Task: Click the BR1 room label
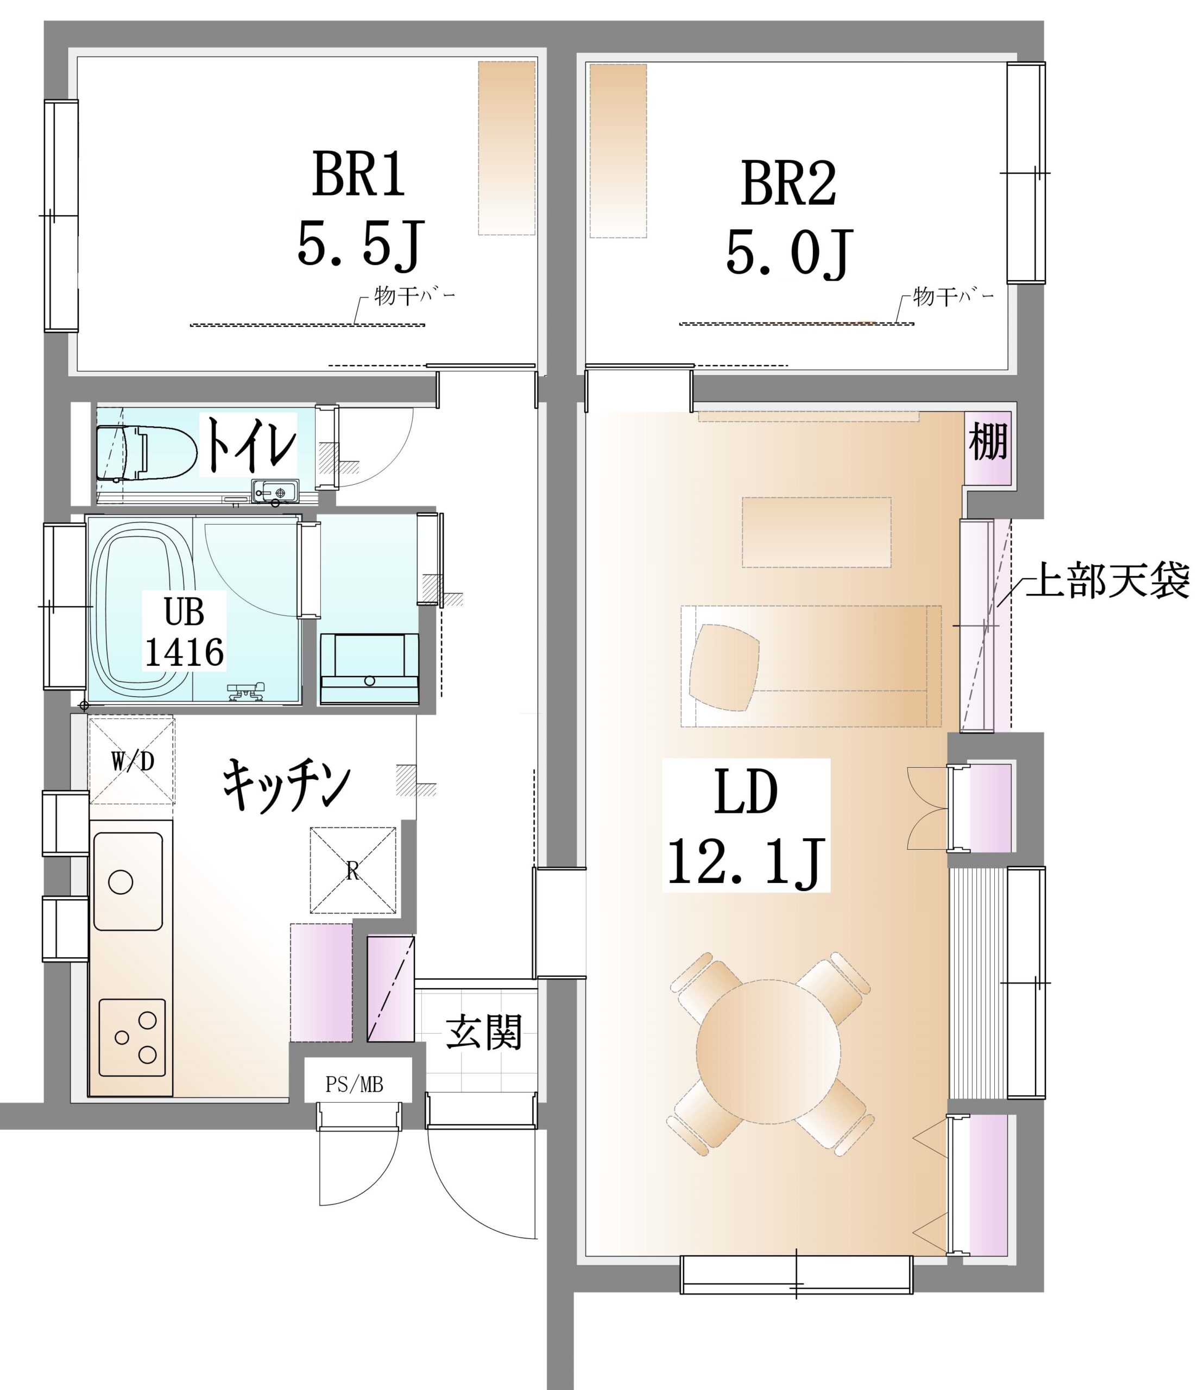coord(359,174)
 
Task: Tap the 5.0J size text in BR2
coord(789,254)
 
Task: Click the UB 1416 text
coord(185,631)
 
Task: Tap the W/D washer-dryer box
coord(132,761)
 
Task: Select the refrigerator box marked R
coord(353,870)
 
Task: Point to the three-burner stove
coord(132,1037)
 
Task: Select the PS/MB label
coord(354,1085)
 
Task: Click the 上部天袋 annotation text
coord(1108,580)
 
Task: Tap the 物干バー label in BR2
coord(954,296)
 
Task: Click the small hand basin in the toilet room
coord(276,491)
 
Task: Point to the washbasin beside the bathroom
coord(370,668)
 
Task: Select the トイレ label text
coord(250,444)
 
